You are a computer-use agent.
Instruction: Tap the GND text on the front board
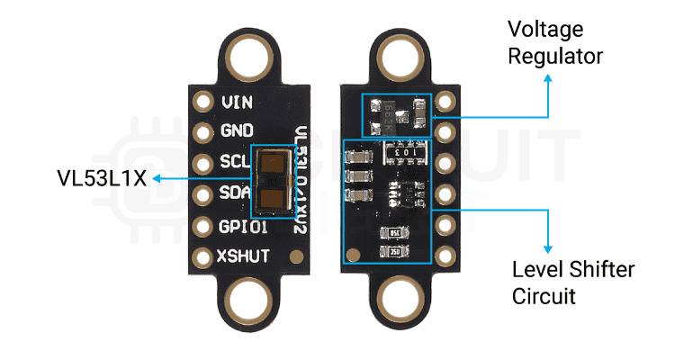coord(237,131)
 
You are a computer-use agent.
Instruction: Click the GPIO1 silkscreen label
coord(240,225)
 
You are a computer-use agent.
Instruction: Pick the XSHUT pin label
coord(242,256)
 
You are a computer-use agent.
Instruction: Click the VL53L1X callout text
coord(98,178)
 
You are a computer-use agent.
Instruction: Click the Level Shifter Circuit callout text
coord(573,283)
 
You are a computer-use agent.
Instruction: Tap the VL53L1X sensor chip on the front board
coord(271,178)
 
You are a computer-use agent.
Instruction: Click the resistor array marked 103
coord(399,154)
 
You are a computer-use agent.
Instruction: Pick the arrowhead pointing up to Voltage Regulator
coord(547,78)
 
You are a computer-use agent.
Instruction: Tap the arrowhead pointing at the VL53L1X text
coord(156,178)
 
